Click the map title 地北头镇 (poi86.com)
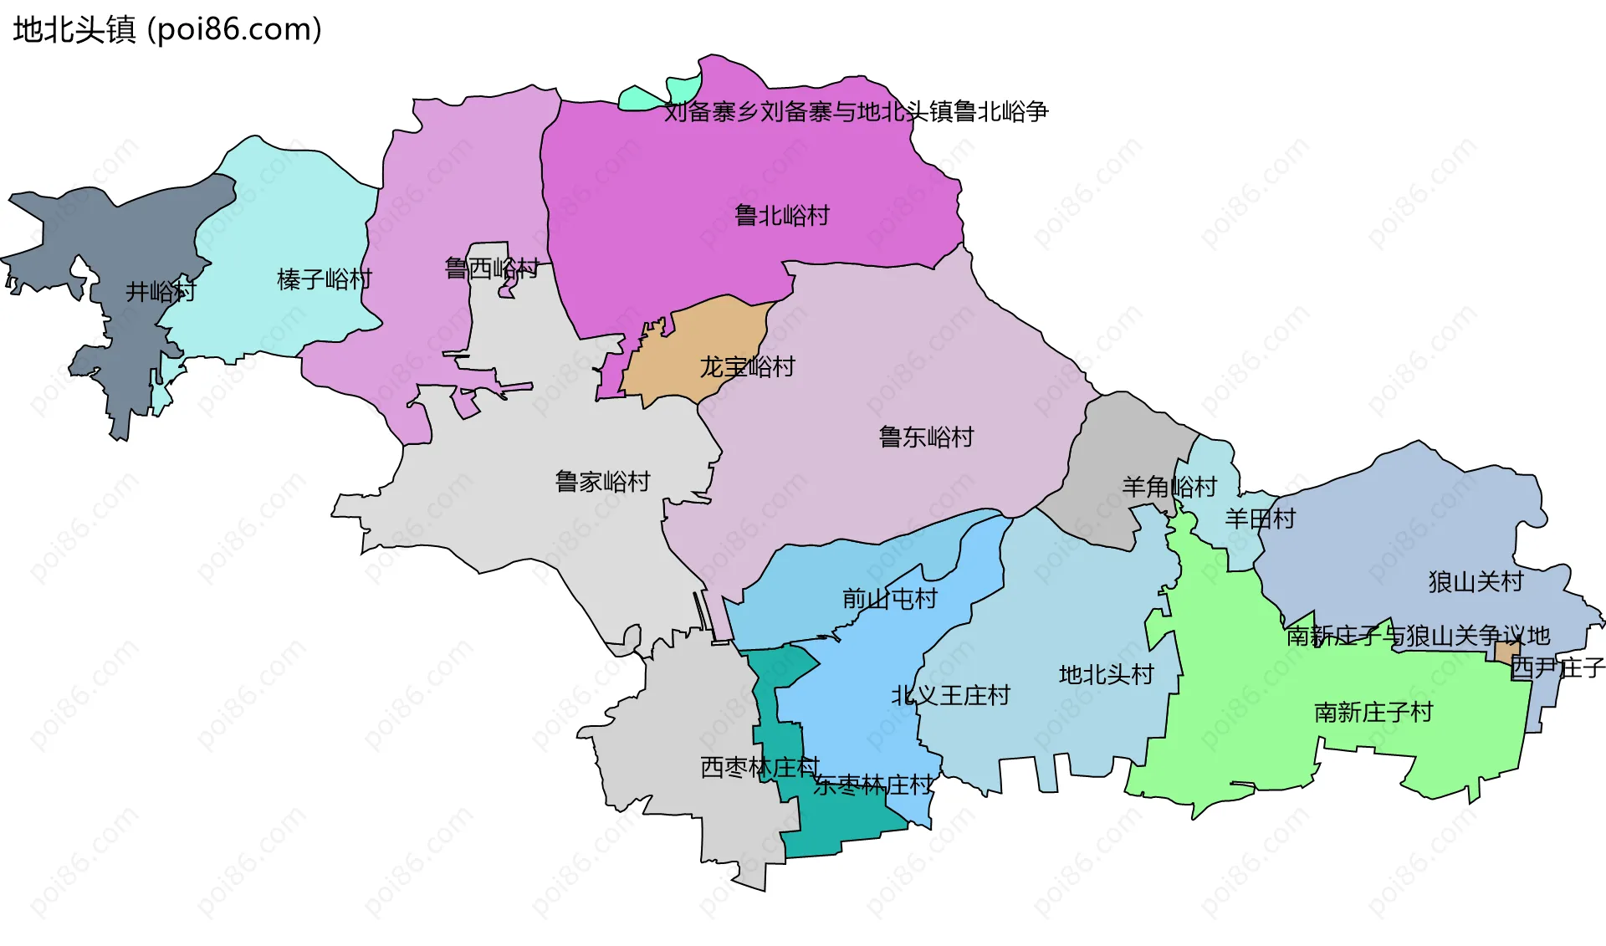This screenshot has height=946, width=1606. (167, 30)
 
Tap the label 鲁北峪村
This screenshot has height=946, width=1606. (782, 216)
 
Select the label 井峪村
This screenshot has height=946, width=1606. (161, 291)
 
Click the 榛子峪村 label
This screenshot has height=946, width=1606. (325, 279)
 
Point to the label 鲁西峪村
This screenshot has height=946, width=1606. (492, 268)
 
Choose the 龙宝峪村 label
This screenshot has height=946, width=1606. (747, 366)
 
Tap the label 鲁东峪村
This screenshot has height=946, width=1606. (926, 437)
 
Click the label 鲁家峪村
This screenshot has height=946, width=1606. (602, 482)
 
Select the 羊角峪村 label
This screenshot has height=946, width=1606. (1169, 487)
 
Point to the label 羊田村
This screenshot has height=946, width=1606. (1260, 519)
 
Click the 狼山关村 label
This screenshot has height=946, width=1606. (1476, 581)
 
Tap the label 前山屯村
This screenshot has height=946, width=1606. (889, 599)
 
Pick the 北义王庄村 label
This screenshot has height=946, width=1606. (950, 695)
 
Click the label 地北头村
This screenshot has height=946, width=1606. (1106, 674)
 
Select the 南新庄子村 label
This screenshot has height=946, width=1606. (1373, 712)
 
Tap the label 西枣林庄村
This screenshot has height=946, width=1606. (760, 767)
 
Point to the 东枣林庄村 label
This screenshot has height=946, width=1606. (872, 785)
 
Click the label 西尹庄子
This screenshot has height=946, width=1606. (1557, 667)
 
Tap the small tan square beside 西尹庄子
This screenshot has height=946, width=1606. (1506, 651)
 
